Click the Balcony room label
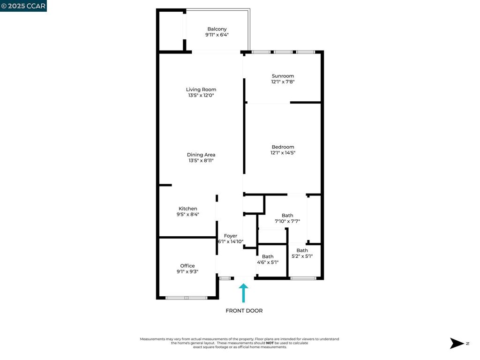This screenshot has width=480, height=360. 217,29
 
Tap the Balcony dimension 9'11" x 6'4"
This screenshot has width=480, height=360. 217,35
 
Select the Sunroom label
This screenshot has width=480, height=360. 283,76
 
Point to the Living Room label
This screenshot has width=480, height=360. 201,90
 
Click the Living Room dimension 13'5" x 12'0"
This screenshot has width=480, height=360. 201,95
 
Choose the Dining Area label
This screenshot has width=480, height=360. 201,155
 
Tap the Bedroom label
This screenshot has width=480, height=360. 283,147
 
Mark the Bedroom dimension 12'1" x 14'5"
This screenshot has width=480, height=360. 283,152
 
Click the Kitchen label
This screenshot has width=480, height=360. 188,209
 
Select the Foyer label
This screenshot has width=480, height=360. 231,236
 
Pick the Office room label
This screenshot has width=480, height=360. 187,266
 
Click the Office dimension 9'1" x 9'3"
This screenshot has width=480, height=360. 187,271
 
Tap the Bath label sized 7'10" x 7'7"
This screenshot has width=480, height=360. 287,216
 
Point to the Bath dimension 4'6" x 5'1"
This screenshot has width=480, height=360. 268,262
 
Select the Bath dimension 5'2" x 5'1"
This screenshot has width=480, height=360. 302,256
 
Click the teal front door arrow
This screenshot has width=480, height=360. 243,292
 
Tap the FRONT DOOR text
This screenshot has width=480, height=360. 244,311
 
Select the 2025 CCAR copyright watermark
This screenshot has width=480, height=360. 23,6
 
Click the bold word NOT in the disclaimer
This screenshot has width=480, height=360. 270,343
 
